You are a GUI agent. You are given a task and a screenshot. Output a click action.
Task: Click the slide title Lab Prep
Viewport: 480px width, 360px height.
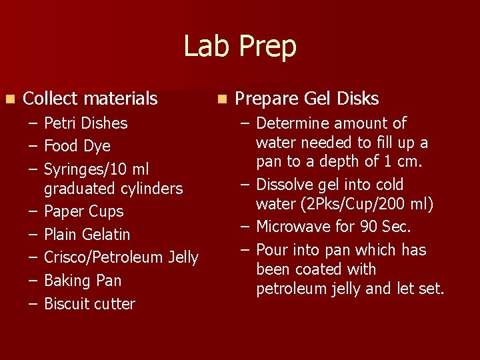click(x=240, y=47)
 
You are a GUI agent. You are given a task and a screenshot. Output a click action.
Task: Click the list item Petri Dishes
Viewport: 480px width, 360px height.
click(x=85, y=123)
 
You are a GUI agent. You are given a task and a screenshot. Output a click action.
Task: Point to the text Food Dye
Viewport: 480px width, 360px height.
click(x=77, y=146)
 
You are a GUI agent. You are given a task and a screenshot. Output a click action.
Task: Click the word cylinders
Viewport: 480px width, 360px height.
click(x=152, y=189)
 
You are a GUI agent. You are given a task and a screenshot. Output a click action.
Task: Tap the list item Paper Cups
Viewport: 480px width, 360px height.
click(x=83, y=211)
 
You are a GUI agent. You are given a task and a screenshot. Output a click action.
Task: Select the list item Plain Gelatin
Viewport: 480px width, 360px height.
click(x=87, y=235)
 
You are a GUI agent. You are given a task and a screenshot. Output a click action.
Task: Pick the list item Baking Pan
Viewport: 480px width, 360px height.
click(x=83, y=281)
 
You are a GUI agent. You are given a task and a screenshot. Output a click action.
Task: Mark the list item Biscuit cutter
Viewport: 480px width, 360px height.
click(x=89, y=304)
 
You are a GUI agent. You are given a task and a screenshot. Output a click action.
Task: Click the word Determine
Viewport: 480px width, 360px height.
click(x=292, y=123)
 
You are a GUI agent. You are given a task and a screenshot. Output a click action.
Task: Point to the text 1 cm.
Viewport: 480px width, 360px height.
click(x=409, y=161)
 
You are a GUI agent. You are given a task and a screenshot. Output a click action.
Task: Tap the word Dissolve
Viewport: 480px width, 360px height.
click(x=284, y=185)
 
